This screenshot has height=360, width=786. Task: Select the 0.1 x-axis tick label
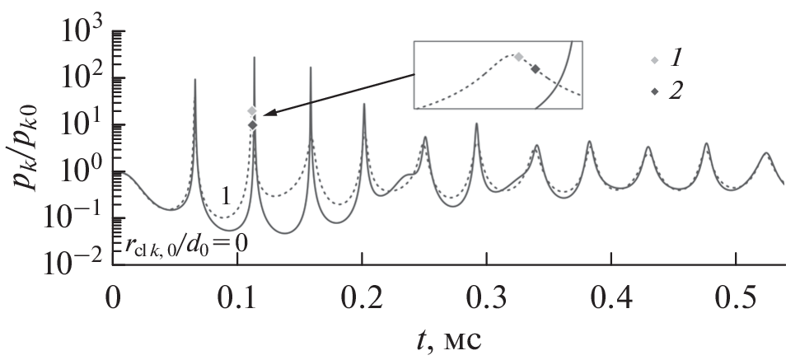[x=237, y=297]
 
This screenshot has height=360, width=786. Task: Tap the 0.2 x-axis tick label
[x=362, y=297]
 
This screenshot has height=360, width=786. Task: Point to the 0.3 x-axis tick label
[x=486, y=297]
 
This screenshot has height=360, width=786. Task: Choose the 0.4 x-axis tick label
[x=611, y=297]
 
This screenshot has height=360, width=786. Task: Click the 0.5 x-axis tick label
[x=735, y=297]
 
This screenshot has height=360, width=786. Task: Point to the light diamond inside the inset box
[x=518, y=57]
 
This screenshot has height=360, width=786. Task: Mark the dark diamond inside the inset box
[x=536, y=69]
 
